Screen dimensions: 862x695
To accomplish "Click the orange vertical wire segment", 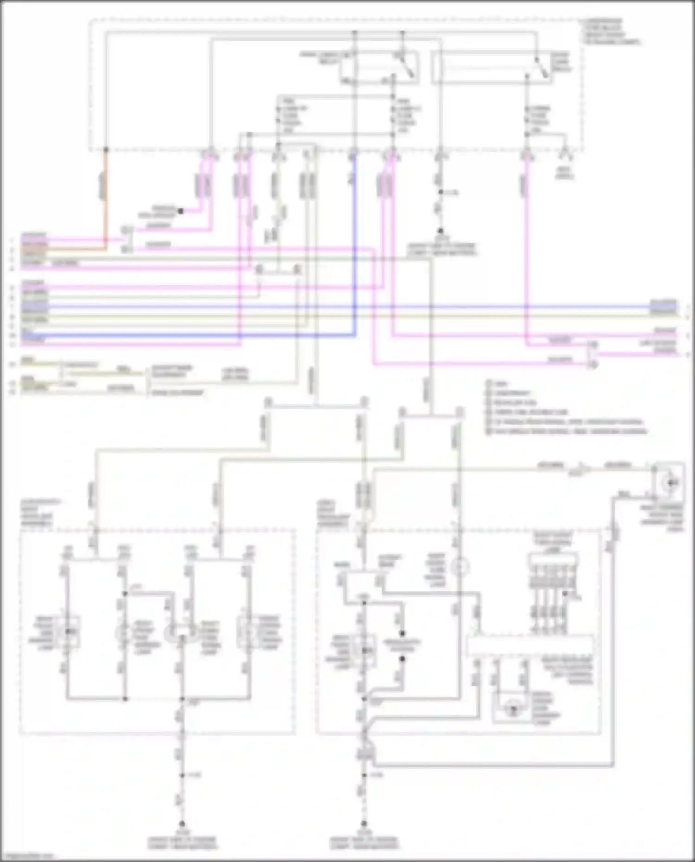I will [x=105, y=195].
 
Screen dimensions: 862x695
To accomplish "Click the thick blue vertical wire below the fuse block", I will [x=354, y=241].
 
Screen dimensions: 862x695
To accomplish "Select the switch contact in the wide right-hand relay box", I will [x=540, y=68].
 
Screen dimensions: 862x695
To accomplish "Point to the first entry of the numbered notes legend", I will [x=498, y=384].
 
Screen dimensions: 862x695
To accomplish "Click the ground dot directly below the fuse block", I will [x=441, y=231].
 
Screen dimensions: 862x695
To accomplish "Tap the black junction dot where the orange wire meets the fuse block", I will [x=106, y=150].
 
